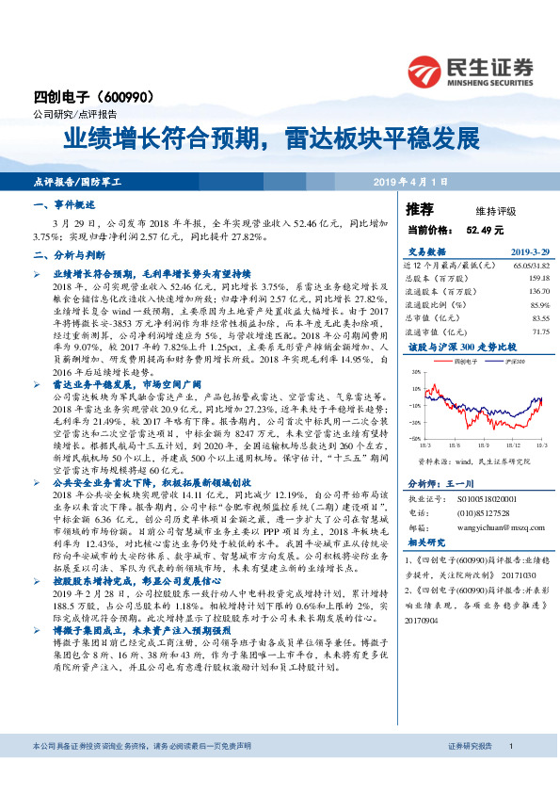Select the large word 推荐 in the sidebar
tap(419, 209)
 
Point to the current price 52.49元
tap(485, 229)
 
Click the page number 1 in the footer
tap(510, 772)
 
